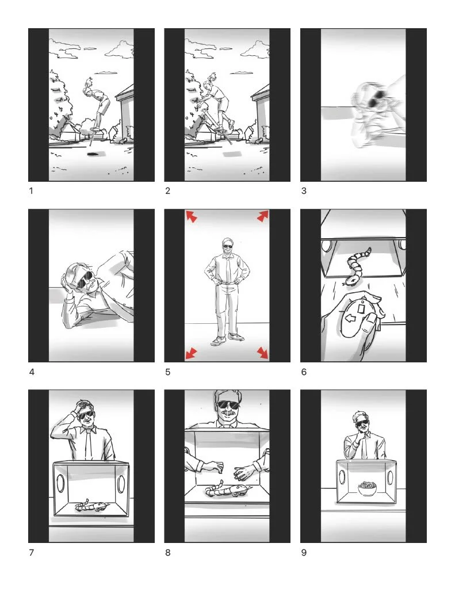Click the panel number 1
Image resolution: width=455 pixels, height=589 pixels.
[31, 191]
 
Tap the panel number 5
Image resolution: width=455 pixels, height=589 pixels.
[167, 372]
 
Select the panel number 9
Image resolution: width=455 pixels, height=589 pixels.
[304, 553]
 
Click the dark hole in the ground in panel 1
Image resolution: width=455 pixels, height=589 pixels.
[92, 154]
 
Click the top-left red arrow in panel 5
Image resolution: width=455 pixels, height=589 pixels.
[191, 216]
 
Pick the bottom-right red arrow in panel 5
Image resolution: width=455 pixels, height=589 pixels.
[263, 353]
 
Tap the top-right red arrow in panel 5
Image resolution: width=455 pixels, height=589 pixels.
[263, 216]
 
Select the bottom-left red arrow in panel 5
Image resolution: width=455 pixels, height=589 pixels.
[191, 353]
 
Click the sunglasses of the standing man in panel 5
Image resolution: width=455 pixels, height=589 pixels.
[228, 247]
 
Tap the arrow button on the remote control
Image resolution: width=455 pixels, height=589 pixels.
[350, 319]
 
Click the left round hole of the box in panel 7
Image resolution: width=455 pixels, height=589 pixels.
[60, 483]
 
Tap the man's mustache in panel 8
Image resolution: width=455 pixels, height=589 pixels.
[228, 414]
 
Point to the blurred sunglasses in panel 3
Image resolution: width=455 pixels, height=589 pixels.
[374, 97]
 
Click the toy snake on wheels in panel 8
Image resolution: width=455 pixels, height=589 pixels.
[227, 490]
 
